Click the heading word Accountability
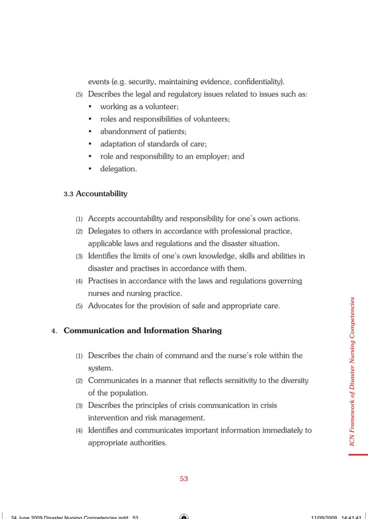click(x=102, y=194)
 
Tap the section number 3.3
click(x=69, y=195)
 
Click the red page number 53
click(x=184, y=479)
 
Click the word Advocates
click(x=107, y=306)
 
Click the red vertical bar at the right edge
click(x=358, y=454)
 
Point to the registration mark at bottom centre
click(x=184, y=516)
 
